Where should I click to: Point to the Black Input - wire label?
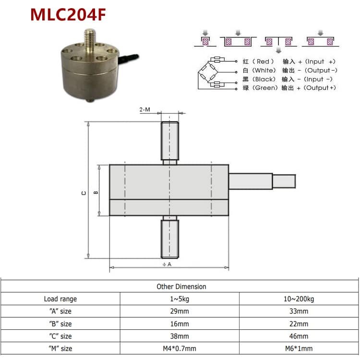pos(288,79)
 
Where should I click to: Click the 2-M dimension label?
pos(144,110)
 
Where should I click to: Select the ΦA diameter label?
pos(167,264)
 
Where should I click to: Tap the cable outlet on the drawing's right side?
pos(262,182)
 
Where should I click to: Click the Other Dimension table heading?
pos(181,287)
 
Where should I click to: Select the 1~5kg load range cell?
pos(180,299)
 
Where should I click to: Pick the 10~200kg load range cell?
pos(299,299)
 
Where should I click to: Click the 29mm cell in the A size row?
pos(180,312)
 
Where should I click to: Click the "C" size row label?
pos(60,336)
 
